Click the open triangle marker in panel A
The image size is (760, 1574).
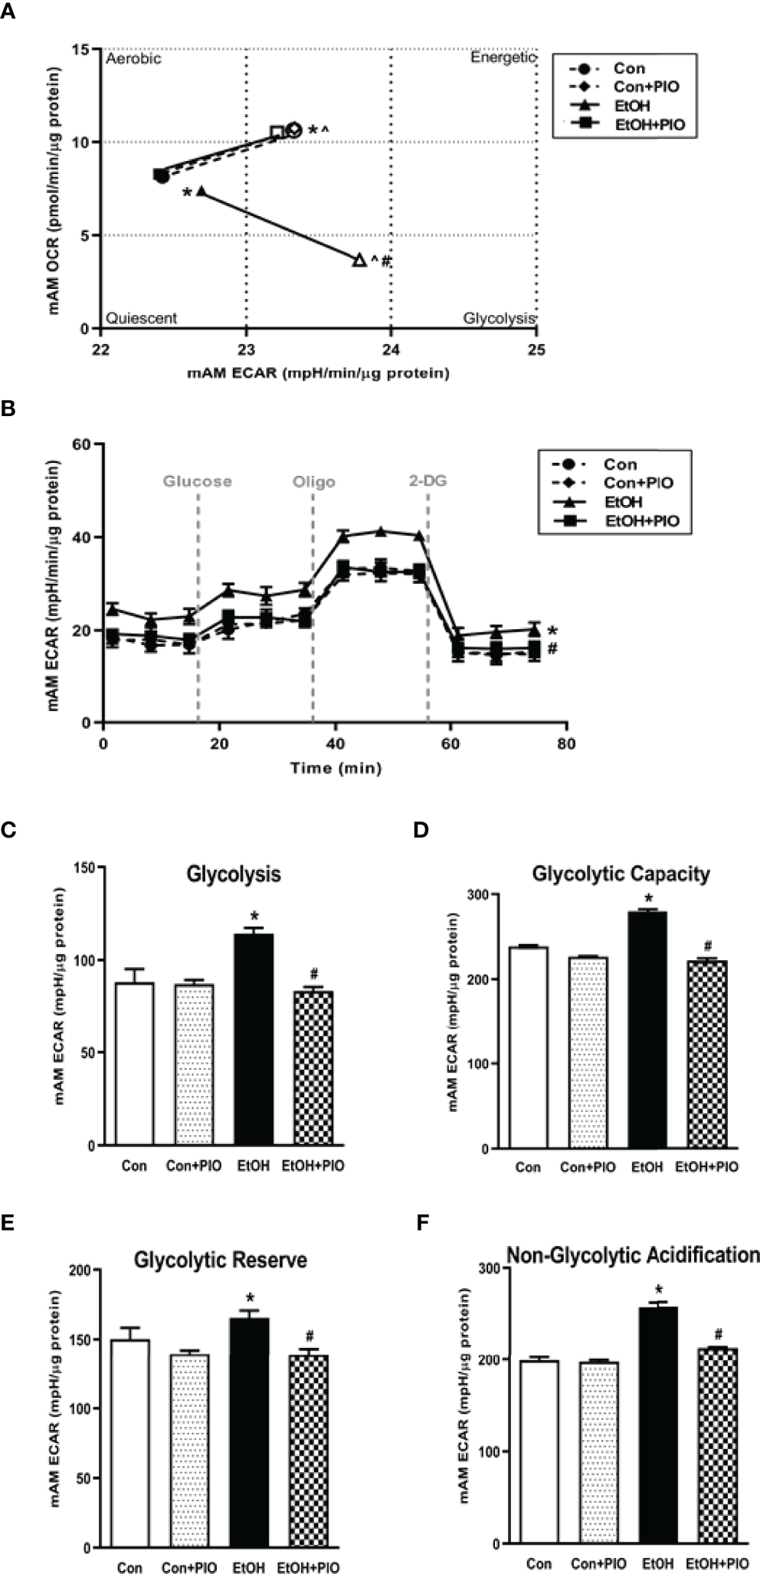(x=359, y=260)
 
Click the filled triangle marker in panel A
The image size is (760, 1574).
(x=201, y=191)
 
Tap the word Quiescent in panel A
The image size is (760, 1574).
(x=142, y=318)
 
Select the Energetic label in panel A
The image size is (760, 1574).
(x=502, y=58)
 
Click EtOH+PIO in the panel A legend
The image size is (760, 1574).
(x=650, y=124)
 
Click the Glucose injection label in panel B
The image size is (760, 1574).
(x=197, y=482)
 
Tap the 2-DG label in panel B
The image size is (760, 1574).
(x=427, y=481)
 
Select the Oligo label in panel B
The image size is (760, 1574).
(x=313, y=482)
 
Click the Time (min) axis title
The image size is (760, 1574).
(x=336, y=767)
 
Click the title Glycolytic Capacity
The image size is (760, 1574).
(x=621, y=874)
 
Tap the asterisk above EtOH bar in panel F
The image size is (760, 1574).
(x=658, y=1290)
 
